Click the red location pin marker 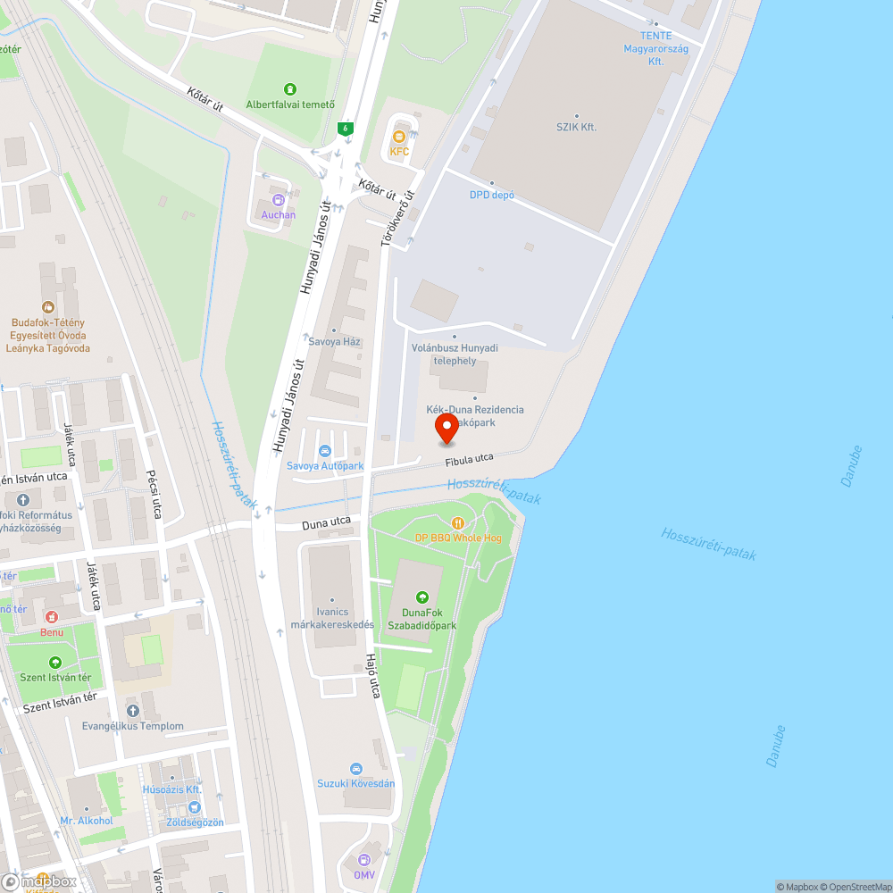(x=446, y=429)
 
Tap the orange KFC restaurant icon (x=399, y=137)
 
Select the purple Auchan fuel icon (x=279, y=201)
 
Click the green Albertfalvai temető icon (x=290, y=89)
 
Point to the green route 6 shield (x=346, y=129)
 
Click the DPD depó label (x=492, y=195)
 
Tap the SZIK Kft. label (x=577, y=127)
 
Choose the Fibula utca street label (x=470, y=458)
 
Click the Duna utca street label (x=326, y=524)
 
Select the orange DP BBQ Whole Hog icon (x=458, y=523)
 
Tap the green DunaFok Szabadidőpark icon (x=422, y=597)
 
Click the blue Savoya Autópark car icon (x=325, y=451)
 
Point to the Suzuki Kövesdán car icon (x=355, y=769)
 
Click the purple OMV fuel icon (x=363, y=860)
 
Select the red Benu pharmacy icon (x=51, y=617)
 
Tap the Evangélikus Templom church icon (x=133, y=711)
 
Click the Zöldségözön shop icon (x=194, y=807)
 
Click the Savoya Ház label (x=334, y=341)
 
